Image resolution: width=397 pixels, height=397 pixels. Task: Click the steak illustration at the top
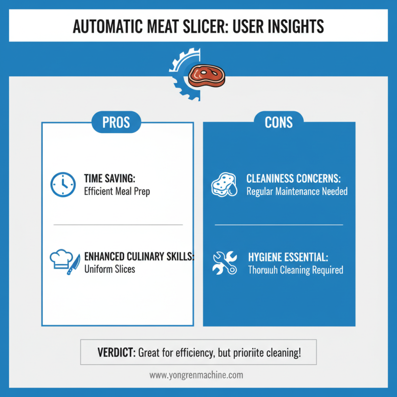pos(206,76)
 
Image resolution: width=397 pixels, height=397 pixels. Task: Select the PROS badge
pos(116,122)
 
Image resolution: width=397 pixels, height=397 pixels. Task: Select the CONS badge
pos(278,122)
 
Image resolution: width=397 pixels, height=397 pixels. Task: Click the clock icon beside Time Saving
pos(63,185)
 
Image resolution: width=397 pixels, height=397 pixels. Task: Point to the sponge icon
pos(224,185)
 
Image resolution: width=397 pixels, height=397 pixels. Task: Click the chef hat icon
pos(61,259)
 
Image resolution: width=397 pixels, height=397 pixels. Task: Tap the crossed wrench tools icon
pos(225,263)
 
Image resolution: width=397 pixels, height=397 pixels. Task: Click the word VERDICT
pos(117,352)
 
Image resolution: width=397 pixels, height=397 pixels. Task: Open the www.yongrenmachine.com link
pos(196,375)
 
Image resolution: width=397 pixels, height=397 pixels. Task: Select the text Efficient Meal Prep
pos(117,192)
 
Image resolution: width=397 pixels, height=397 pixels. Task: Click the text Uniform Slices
pos(110,269)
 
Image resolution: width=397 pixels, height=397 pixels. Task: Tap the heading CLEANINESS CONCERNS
pos(293,179)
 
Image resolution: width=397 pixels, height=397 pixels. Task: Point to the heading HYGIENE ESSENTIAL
pos(288,257)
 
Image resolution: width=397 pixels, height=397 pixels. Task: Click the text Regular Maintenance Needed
pos(297,192)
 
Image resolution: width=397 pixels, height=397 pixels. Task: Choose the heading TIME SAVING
pos(110,179)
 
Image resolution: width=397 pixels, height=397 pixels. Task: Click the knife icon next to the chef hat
pos(73,265)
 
